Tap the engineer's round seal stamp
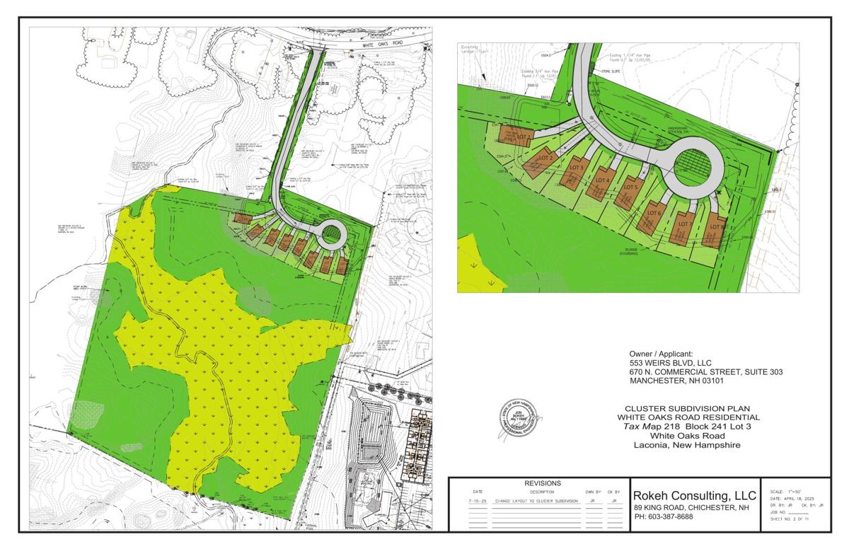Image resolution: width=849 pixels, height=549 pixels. (517, 422)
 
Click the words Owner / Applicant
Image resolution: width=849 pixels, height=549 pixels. (662, 354)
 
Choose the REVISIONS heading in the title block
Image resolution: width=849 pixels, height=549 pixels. (543, 483)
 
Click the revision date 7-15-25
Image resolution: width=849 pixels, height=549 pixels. (478, 500)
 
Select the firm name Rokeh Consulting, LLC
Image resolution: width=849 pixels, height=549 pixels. (695, 495)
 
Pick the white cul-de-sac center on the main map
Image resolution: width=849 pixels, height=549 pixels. (330, 233)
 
